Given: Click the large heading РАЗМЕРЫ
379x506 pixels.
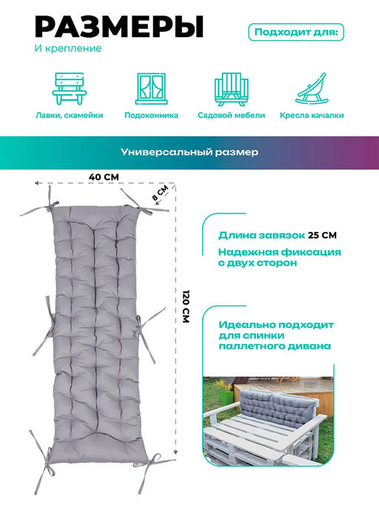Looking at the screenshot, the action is (x=119, y=27).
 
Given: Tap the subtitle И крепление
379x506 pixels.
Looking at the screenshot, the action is (x=68, y=48).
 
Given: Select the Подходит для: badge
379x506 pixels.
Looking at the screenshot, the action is (x=296, y=33).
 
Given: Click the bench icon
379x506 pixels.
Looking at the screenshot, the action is (x=70, y=88).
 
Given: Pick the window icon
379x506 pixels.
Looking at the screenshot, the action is (x=151, y=88).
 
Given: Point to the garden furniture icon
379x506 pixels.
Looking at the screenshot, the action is (x=231, y=89).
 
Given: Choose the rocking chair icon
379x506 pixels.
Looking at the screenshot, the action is (x=312, y=89).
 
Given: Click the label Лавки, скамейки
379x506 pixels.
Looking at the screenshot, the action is (x=70, y=116).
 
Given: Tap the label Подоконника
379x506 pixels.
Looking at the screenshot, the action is (x=151, y=116).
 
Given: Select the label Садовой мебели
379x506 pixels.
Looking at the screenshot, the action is (x=231, y=116).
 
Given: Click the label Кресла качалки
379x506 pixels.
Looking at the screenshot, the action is (x=312, y=116).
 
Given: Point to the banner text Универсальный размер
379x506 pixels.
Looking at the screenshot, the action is (x=189, y=152).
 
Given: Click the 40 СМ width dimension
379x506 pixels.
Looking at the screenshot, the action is (x=104, y=177).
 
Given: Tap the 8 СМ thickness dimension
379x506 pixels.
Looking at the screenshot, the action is (x=161, y=193).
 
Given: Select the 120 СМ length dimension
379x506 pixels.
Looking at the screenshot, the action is (x=186, y=307).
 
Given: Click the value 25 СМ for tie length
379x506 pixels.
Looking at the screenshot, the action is (x=322, y=235).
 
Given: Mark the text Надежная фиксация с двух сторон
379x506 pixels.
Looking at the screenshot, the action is (x=279, y=257).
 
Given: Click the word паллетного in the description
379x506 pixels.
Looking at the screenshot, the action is (x=246, y=346).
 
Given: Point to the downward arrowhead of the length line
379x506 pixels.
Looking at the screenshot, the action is (x=175, y=453).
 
